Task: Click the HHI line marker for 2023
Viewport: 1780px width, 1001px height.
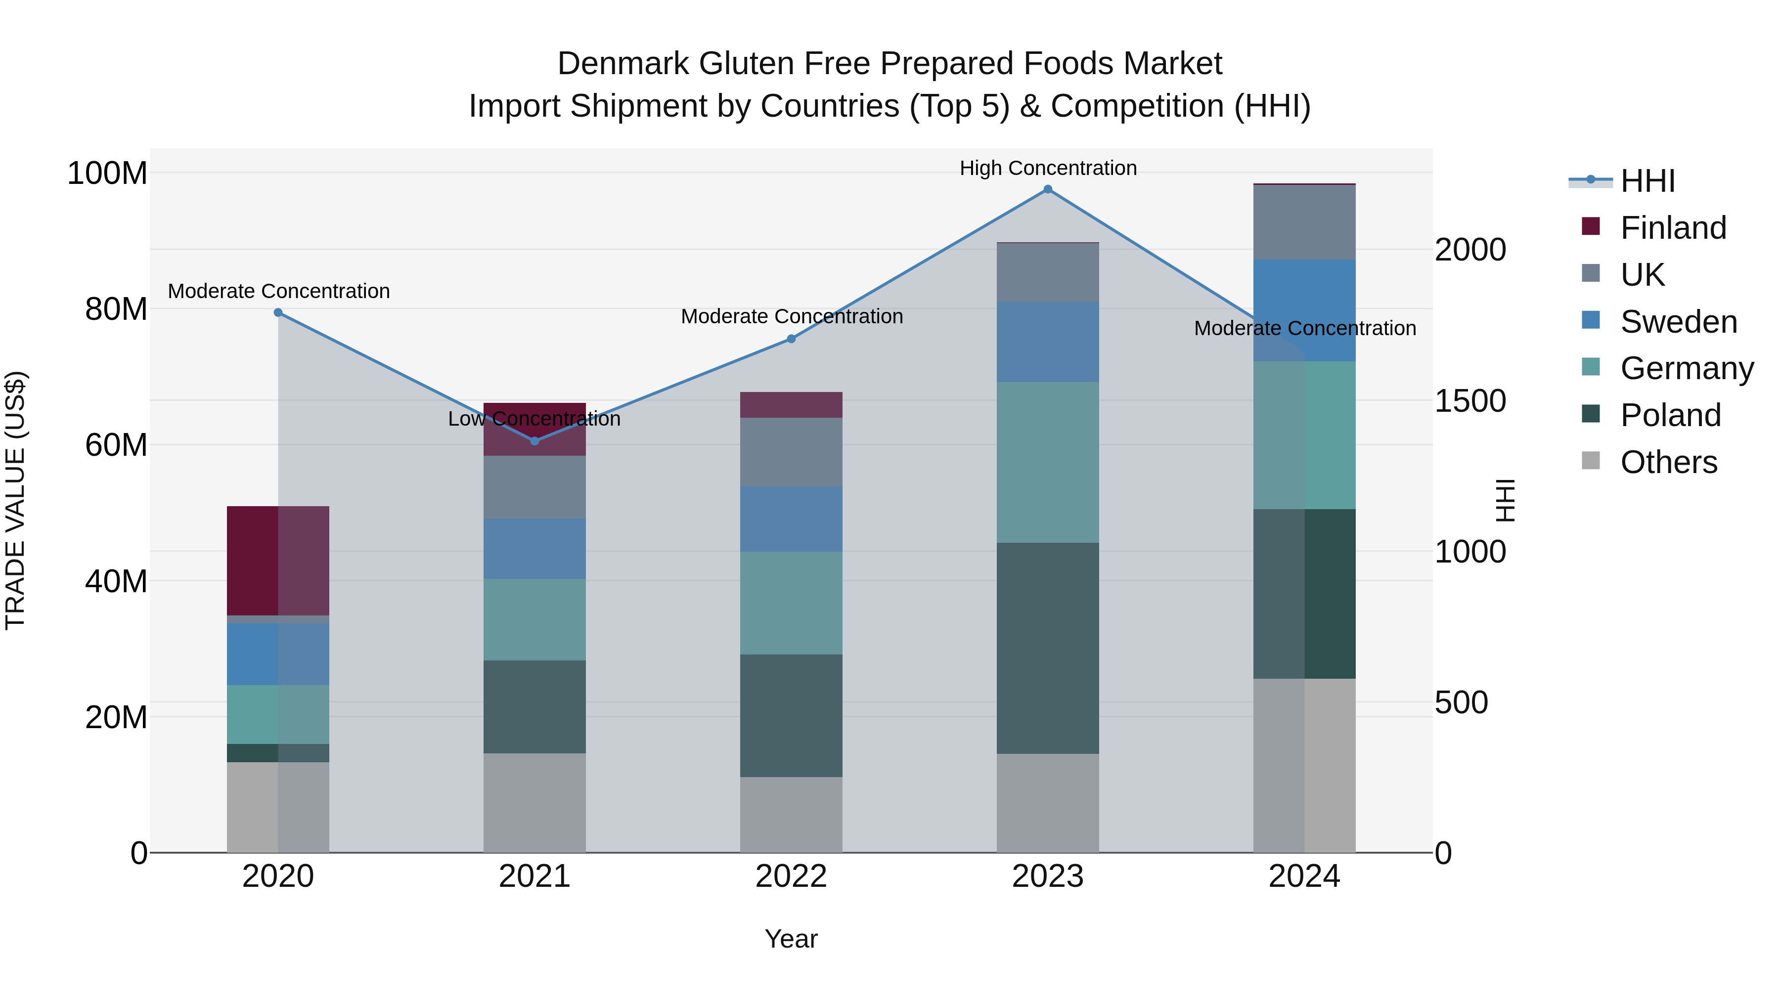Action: tap(1048, 189)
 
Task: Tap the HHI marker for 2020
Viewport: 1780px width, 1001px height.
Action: tap(278, 312)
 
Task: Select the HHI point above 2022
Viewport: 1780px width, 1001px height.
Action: tap(791, 339)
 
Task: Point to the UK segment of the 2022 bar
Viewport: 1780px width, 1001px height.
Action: tap(791, 451)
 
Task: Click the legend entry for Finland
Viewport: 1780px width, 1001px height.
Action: tap(1672, 228)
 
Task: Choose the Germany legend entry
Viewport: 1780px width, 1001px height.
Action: tap(1686, 368)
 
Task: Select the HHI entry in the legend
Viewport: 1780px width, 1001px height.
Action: tap(1647, 181)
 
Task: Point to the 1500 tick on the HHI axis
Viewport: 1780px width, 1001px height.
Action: tap(1470, 401)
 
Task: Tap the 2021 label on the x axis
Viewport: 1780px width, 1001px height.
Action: tap(534, 876)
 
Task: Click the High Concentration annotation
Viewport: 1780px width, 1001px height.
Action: tap(1048, 168)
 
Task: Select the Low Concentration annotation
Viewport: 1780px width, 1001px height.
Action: tap(534, 419)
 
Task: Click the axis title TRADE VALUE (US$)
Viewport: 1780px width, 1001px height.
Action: tap(15, 500)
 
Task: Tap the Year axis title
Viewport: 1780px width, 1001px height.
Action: tap(791, 939)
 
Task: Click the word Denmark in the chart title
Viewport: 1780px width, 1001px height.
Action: tap(623, 64)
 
